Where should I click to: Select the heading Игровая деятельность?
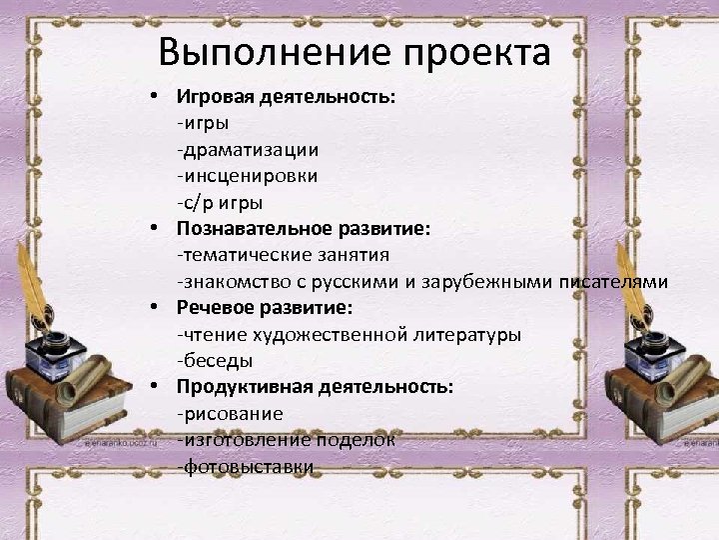pos(286,98)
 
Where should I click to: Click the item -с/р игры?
pos(220,203)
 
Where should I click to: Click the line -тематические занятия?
pos(283,255)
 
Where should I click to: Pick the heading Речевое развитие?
pos(265,308)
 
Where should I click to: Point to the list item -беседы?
pos(215,360)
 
